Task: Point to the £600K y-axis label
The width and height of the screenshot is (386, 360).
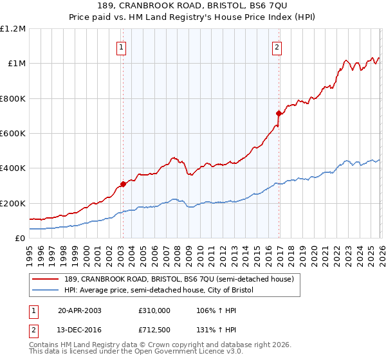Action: [13, 134]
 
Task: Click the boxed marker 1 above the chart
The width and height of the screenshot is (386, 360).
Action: [122, 47]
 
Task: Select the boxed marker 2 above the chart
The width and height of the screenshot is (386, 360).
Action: [277, 47]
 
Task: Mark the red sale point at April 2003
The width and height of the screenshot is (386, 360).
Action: [123, 184]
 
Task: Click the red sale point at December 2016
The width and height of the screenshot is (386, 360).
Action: [279, 113]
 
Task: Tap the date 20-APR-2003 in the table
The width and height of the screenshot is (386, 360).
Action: [80, 310]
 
